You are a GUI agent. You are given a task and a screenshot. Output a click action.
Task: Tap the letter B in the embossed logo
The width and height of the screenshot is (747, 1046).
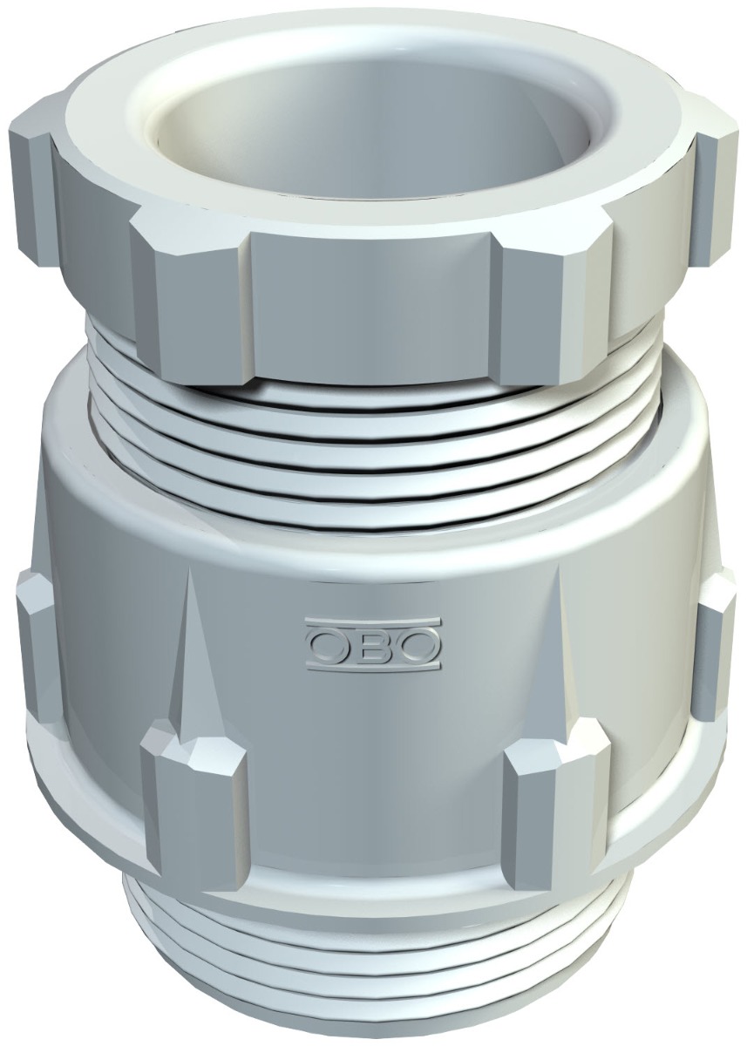click(372, 645)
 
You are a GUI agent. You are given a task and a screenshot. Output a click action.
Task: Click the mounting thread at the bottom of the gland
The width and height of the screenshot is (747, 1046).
click(375, 968)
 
